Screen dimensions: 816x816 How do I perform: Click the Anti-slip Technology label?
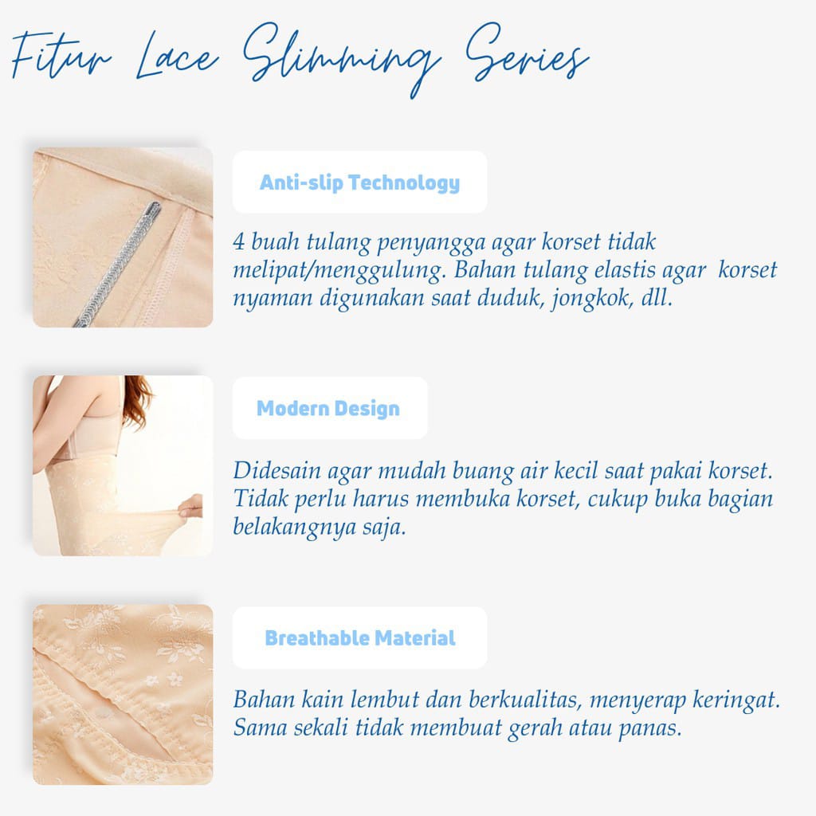[359, 182]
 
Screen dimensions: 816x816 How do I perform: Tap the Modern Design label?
[328, 409]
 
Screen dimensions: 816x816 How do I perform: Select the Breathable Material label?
[360, 638]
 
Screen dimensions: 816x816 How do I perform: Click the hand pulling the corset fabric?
[190, 507]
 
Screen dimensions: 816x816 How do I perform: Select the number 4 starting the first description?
[240, 241]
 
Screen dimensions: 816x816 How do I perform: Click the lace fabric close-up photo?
[123, 693]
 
